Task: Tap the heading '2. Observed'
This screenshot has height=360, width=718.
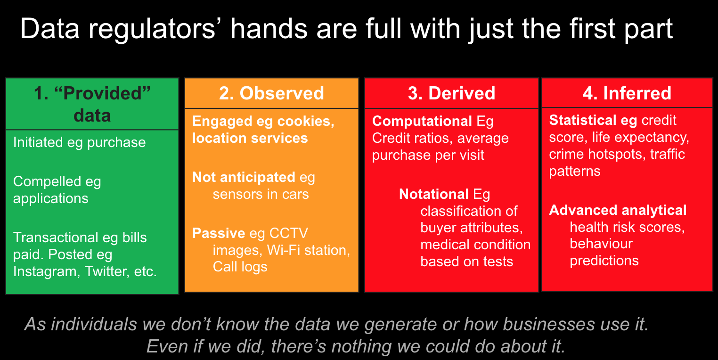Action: point(271,93)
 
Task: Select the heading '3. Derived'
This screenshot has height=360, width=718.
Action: point(451,93)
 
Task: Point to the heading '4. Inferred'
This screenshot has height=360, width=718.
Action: point(627,93)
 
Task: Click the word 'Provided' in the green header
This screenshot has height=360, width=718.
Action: point(102,93)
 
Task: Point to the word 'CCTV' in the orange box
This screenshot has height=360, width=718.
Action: point(288,233)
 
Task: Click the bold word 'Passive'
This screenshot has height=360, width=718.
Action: point(219,233)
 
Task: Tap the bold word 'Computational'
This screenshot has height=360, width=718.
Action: point(422,122)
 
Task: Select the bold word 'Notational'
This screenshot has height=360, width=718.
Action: point(434,194)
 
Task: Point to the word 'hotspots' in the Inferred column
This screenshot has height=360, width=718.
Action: point(617,155)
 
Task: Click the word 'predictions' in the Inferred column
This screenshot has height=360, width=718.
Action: point(604,261)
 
